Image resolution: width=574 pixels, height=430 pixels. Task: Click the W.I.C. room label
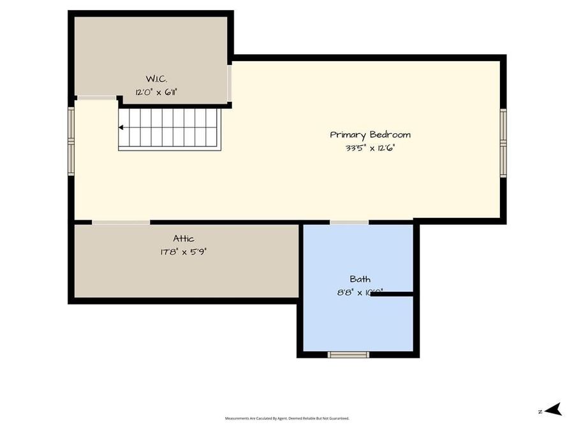156,78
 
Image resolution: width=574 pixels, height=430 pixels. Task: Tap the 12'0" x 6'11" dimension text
156,92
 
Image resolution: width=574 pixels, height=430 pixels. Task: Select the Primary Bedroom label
370,134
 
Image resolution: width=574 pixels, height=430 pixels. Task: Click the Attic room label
184,239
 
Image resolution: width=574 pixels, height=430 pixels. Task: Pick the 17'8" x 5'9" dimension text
184,252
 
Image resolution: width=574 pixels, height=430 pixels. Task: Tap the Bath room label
360,279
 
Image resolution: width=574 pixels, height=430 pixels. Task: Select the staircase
170,129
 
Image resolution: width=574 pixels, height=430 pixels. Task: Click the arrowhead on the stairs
121,127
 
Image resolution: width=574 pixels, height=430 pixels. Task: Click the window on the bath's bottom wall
348,354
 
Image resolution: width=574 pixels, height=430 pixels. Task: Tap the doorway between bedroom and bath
349,222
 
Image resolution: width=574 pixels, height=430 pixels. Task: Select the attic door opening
121,222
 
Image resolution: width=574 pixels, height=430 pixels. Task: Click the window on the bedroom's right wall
503,141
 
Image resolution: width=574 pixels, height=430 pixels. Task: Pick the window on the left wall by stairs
71,141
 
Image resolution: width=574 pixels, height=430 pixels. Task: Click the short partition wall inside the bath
392,294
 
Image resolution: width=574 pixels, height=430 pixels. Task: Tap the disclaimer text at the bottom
287,419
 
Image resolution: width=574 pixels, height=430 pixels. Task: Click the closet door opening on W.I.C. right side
229,82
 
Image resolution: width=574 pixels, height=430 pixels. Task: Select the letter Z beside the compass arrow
540,412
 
